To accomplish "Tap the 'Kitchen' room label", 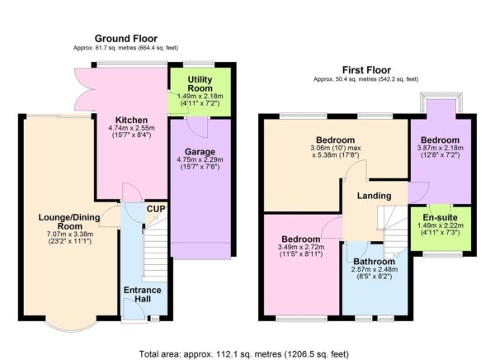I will tap(131, 120).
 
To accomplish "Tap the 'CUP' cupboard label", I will tap(155, 209).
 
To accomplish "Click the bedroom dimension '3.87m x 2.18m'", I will tap(441, 149).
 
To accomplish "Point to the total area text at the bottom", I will tap(247, 353).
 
